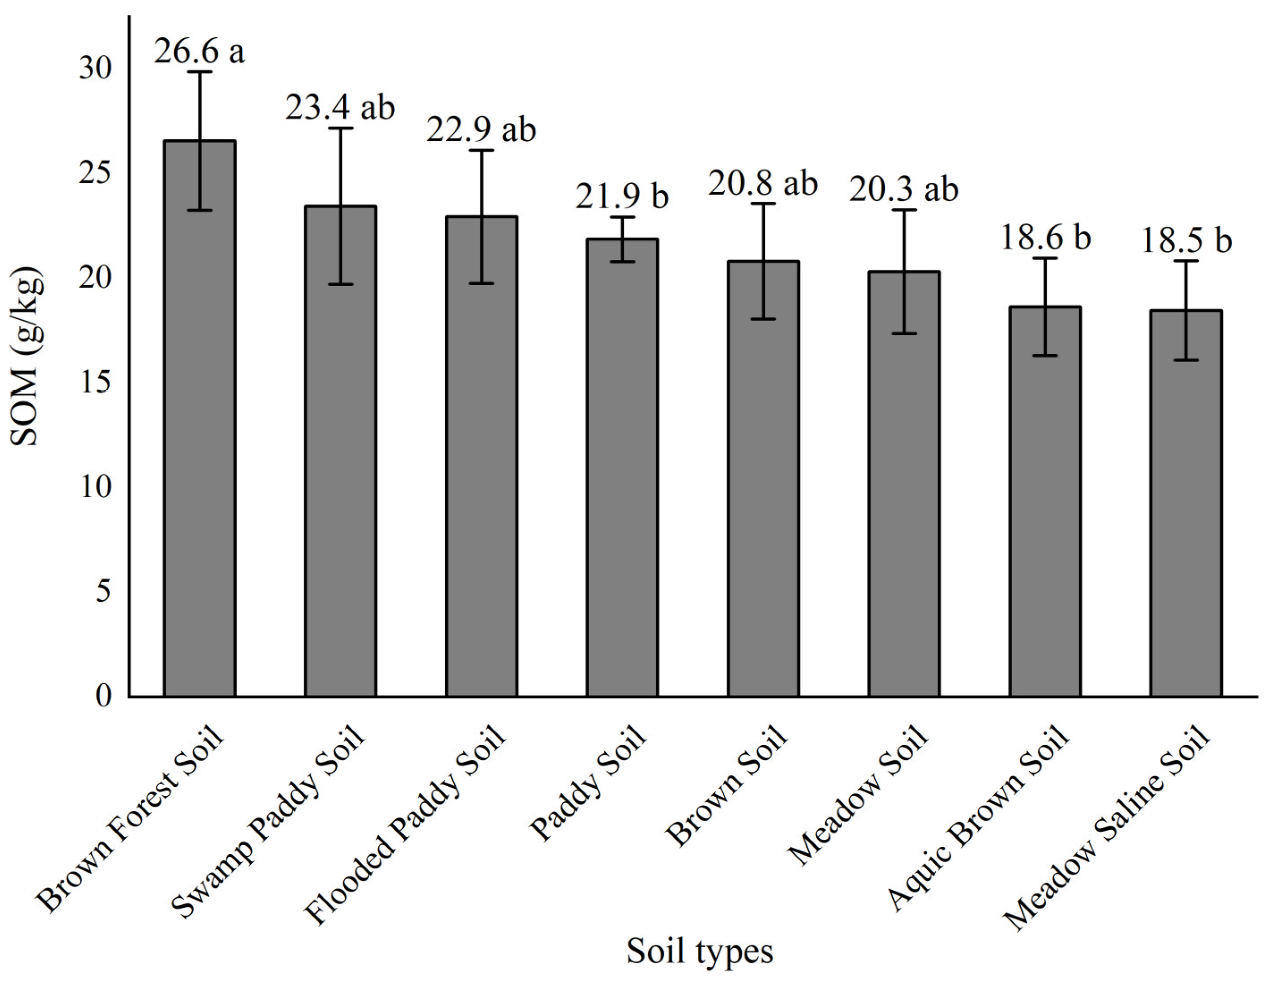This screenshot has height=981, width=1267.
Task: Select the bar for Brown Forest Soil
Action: (x=199, y=418)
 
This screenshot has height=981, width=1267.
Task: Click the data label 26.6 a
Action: (x=199, y=51)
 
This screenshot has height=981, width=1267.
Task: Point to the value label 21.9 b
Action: (x=622, y=196)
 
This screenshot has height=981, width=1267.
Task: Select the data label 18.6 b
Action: (x=1046, y=238)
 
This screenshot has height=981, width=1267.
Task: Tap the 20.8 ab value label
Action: (x=763, y=183)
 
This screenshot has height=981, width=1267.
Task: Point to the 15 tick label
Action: (x=95, y=382)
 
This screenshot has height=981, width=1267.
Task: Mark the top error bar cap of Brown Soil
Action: (x=764, y=203)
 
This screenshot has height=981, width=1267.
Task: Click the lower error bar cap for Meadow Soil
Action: (x=904, y=334)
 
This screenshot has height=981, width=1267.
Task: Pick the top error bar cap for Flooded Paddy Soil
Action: (x=481, y=150)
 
